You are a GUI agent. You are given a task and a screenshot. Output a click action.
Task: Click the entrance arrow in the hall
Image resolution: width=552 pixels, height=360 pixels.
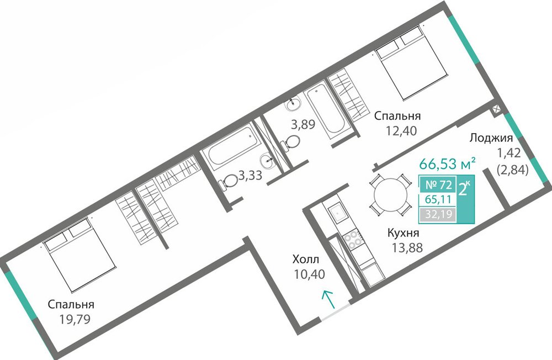pyautogui.click(x=328, y=299)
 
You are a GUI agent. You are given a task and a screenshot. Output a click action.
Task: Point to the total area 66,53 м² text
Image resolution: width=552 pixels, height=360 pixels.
pyautogui.click(x=448, y=163)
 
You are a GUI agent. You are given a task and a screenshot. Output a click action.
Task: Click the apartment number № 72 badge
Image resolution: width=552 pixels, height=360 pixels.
pyautogui.click(x=438, y=184)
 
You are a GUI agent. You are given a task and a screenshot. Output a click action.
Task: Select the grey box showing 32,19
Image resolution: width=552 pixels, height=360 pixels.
pyautogui.click(x=438, y=214)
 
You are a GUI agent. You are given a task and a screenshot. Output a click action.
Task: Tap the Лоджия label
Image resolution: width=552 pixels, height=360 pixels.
pyautogui.click(x=491, y=137)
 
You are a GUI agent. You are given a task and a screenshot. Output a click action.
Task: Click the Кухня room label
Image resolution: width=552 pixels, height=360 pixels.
pyautogui.click(x=404, y=233)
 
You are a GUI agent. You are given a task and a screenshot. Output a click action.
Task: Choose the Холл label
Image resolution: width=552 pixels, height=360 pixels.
pyautogui.click(x=306, y=260)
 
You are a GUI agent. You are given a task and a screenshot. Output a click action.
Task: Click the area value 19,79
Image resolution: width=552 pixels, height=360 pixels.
pyautogui.click(x=75, y=319)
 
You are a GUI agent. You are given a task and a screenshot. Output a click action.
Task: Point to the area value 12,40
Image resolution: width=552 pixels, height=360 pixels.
pyautogui.click(x=401, y=131)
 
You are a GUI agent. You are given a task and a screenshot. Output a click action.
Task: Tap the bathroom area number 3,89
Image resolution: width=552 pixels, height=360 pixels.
pyautogui.click(x=302, y=124)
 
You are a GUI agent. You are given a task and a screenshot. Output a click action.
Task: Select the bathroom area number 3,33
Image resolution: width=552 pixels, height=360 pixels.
pyautogui.click(x=250, y=175)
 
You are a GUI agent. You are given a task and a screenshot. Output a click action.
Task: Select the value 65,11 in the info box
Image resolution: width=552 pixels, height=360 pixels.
pyautogui.click(x=438, y=199)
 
